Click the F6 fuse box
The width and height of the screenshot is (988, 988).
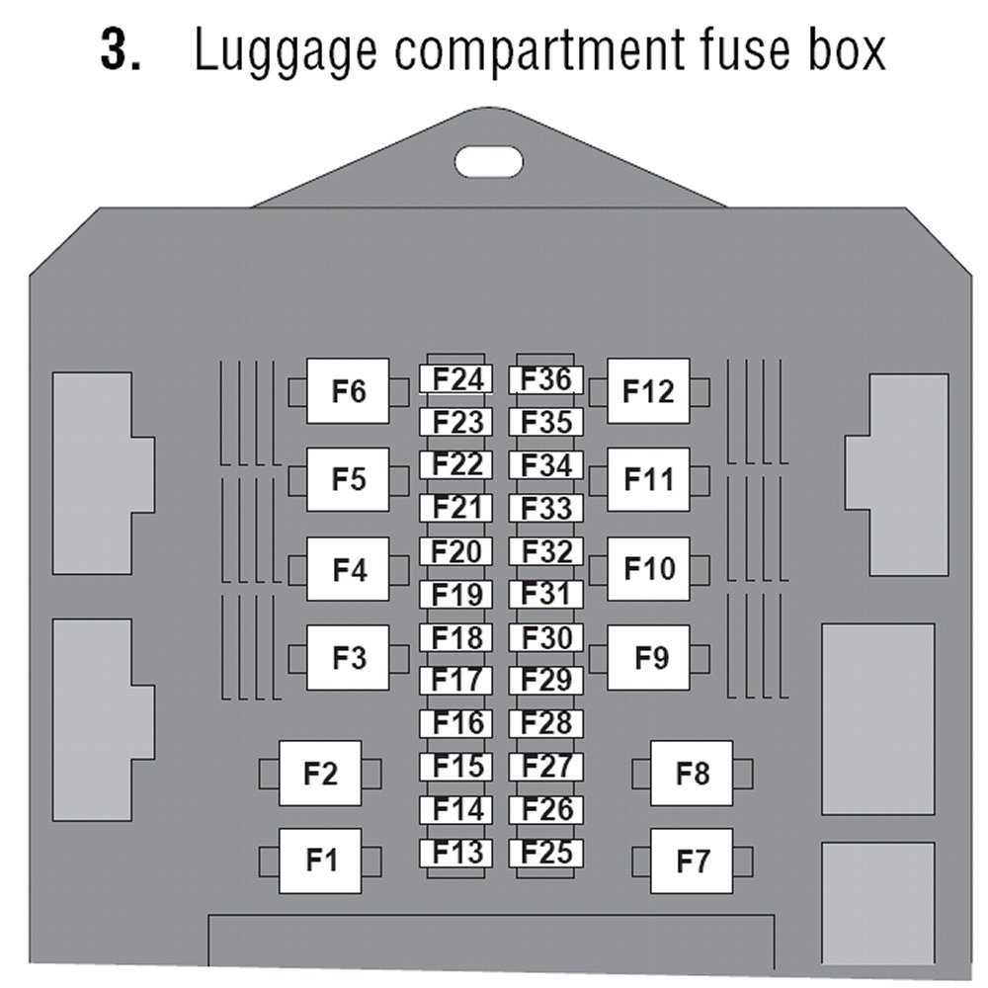click(x=348, y=392)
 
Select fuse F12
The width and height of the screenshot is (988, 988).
click(x=648, y=392)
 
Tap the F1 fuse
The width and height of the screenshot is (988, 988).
click(x=320, y=862)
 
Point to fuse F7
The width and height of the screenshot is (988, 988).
click(x=692, y=862)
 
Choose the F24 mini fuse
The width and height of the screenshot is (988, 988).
click(x=456, y=379)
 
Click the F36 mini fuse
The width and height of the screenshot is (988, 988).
click(x=546, y=379)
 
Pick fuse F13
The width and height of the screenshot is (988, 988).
click(x=456, y=853)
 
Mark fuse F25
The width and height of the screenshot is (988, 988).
click(x=546, y=853)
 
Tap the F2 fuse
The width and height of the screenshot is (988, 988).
click(x=320, y=773)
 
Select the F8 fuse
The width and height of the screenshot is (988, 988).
click(x=692, y=773)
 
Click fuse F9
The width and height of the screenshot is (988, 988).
click(x=648, y=657)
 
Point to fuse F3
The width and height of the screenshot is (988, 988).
click(x=348, y=657)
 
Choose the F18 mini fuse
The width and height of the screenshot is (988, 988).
click(x=456, y=638)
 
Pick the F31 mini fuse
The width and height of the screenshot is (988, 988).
click(x=546, y=595)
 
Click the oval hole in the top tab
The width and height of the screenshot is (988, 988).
click(x=488, y=160)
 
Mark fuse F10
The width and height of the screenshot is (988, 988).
click(x=648, y=569)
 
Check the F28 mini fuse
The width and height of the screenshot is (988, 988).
click(x=546, y=723)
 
